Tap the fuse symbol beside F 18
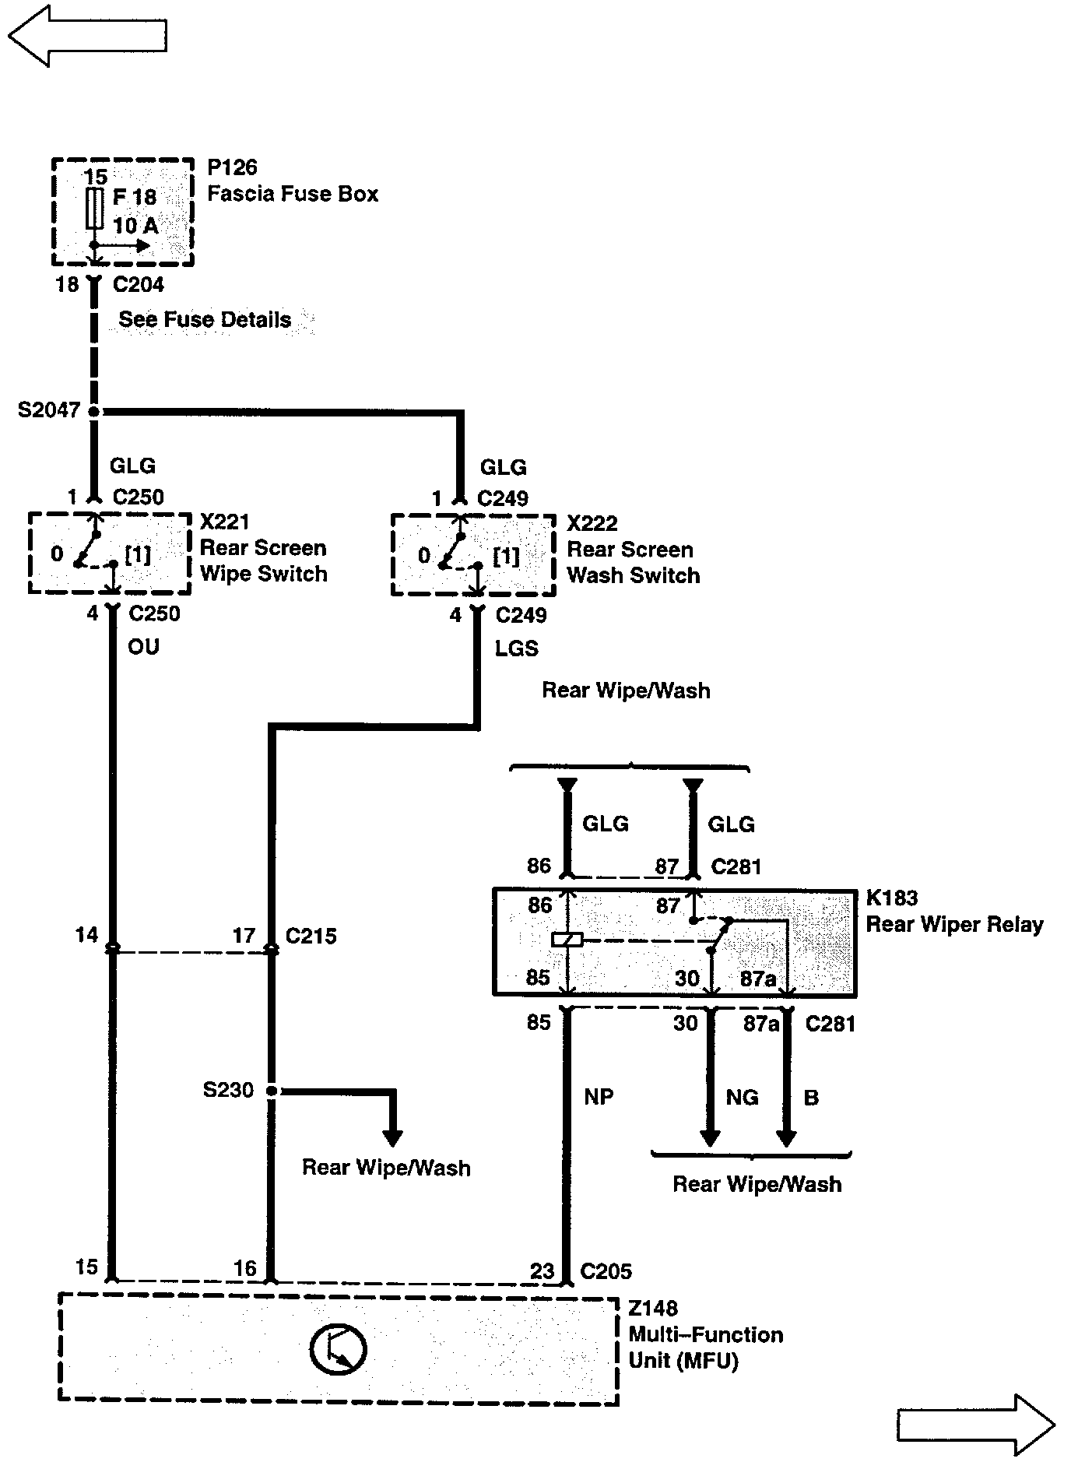click(x=94, y=209)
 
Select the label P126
click(x=232, y=167)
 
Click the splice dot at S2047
click(x=94, y=411)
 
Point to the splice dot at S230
click(x=272, y=1091)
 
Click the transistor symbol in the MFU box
click(x=338, y=1349)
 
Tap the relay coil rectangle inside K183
click(x=567, y=940)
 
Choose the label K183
click(x=892, y=898)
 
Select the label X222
click(x=592, y=523)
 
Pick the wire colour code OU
click(x=143, y=647)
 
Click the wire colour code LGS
click(x=517, y=648)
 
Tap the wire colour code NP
click(x=599, y=1097)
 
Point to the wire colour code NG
click(x=742, y=1098)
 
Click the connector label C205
click(x=606, y=1271)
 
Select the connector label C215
click(x=311, y=936)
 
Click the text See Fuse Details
click(x=205, y=320)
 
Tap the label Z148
click(x=653, y=1309)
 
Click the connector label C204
click(x=138, y=285)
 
